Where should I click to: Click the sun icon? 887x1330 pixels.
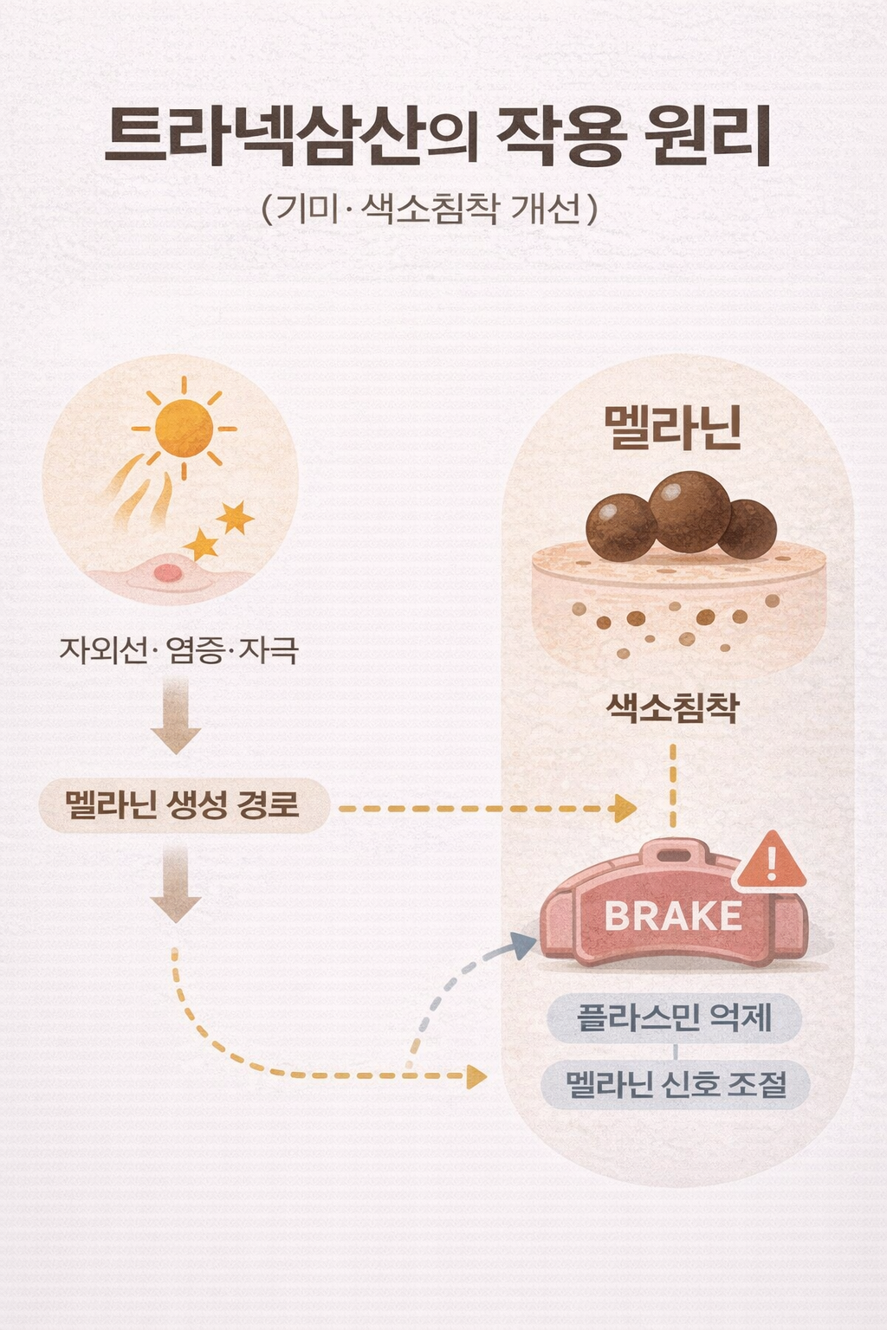coord(184,428)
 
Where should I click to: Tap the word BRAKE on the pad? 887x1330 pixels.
coord(672,916)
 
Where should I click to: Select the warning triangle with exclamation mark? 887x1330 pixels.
coord(771,861)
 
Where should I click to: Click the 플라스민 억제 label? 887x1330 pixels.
coord(674,1017)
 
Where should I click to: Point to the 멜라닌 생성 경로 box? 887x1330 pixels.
coord(184,805)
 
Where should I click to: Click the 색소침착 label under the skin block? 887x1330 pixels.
coord(673,708)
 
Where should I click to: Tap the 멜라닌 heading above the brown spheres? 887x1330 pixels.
coord(673,428)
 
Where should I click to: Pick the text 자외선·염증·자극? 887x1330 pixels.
coord(178,649)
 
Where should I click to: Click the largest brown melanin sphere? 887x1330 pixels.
coord(690,512)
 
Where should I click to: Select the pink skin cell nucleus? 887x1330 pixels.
coord(168,572)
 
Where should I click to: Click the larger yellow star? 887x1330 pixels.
coord(234,518)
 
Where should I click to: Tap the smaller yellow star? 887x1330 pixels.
coord(202,546)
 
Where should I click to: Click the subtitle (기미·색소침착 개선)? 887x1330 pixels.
coord(430,209)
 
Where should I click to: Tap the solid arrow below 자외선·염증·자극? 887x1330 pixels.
coord(176,717)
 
